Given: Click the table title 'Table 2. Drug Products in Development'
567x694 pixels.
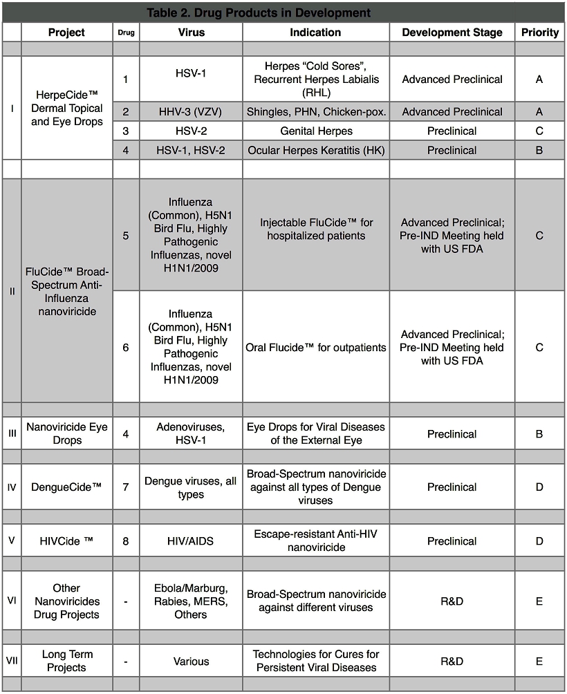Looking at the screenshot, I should (x=259, y=12).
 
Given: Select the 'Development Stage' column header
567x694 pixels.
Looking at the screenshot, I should (x=452, y=32).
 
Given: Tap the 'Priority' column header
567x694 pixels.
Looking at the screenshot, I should (x=539, y=32).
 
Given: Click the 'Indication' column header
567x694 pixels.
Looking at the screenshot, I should (x=315, y=32).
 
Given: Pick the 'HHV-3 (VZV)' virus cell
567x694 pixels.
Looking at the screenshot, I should (x=191, y=112).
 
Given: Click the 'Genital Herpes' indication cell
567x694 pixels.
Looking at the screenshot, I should (x=316, y=131).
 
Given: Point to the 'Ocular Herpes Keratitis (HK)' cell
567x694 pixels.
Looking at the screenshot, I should (x=316, y=151).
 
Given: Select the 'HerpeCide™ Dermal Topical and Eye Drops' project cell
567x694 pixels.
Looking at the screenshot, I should (x=67, y=109).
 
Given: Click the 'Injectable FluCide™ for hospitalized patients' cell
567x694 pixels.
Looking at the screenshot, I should (x=316, y=229).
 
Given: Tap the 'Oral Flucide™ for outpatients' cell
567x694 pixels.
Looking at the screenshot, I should (x=316, y=348).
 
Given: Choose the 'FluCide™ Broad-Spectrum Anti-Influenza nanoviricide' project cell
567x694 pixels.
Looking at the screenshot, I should (x=67, y=291).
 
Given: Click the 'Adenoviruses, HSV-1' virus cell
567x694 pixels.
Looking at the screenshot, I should (x=191, y=434).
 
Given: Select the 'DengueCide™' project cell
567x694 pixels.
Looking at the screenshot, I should (x=67, y=487).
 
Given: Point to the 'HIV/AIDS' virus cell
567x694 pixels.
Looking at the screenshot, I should (x=191, y=541).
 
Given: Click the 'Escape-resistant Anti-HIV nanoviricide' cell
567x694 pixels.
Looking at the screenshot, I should (x=316, y=541).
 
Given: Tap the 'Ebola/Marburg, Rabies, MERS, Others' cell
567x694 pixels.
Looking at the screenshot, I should (x=191, y=601).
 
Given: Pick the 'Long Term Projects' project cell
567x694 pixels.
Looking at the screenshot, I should (x=67, y=661).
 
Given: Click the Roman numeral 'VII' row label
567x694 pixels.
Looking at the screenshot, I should (x=12, y=661).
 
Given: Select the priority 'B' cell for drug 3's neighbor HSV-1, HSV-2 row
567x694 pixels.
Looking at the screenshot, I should (x=539, y=151).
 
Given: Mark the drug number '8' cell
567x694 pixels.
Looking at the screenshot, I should (x=126, y=541).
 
